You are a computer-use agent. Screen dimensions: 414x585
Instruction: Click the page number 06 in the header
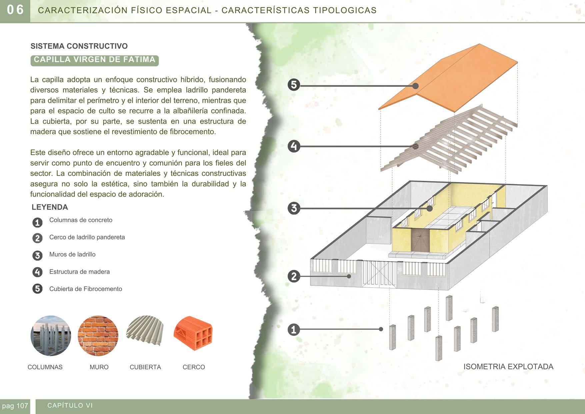tap(15, 10)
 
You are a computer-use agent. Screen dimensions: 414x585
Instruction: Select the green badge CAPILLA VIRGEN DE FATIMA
tap(94, 60)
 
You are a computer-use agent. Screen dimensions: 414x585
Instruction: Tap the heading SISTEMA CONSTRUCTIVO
tap(79, 46)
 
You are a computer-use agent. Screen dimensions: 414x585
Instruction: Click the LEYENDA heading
tap(50, 207)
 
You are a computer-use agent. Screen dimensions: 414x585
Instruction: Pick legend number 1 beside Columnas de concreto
tap(37, 223)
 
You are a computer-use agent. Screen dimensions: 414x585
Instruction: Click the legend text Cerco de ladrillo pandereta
tap(87, 237)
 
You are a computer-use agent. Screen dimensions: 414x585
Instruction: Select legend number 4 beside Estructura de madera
tap(37, 272)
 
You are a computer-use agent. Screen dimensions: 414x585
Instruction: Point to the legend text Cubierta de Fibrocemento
tap(86, 289)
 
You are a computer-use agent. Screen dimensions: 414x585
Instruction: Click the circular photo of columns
tap(51, 336)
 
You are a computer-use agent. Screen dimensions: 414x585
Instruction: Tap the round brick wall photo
tap(98, 336)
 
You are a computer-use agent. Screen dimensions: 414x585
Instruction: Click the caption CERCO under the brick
tap(194, 367)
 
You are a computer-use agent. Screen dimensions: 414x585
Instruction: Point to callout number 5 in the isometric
tap(294, 85)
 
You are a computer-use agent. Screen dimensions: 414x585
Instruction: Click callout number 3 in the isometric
tap(294, 209)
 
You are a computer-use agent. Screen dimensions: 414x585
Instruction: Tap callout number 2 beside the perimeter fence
tap(294, 276)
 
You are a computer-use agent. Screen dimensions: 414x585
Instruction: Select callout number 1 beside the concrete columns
tap(294, 330)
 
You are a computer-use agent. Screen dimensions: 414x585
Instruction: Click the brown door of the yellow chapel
tap(420, 240)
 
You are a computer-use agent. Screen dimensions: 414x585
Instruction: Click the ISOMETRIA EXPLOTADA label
tap(508, 367)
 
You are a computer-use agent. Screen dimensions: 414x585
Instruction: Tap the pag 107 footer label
tap(15, 406)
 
